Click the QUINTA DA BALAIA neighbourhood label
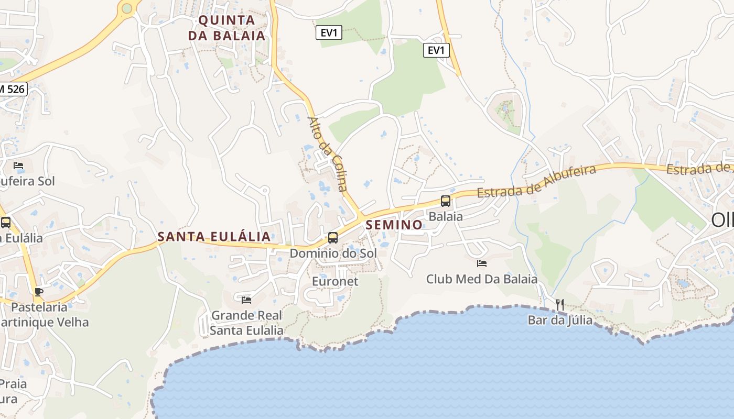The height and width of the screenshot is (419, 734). [231, 28]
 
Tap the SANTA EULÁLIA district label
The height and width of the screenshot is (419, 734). [214, 237]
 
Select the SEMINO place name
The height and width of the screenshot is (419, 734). [395, 225]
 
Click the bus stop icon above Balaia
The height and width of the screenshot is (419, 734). [446, 201]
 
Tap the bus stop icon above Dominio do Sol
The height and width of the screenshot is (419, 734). [333, 238]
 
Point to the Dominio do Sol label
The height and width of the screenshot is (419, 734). [333, 253]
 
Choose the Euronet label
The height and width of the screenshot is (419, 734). [335, 281]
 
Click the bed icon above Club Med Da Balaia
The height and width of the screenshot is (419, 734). [482, 263]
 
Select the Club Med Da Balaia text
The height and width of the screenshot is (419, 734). [482, 279]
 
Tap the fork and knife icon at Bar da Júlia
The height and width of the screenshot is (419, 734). [560, 304]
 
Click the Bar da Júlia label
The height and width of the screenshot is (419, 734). [560, 320]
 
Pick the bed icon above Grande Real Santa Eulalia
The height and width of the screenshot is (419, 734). [246, 300]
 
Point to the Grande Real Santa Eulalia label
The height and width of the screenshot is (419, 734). [246, 323]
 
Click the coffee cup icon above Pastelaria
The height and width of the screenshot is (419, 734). [38, 292]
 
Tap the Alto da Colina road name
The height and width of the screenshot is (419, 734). [328, 154]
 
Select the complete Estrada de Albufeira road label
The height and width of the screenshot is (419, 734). [537, 181]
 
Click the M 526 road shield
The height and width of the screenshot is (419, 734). [12, 89]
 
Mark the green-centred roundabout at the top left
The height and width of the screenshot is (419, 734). [127, 8]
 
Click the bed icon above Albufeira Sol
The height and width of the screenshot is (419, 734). [18, 166]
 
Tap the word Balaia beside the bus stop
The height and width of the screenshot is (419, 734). [446, 216]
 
